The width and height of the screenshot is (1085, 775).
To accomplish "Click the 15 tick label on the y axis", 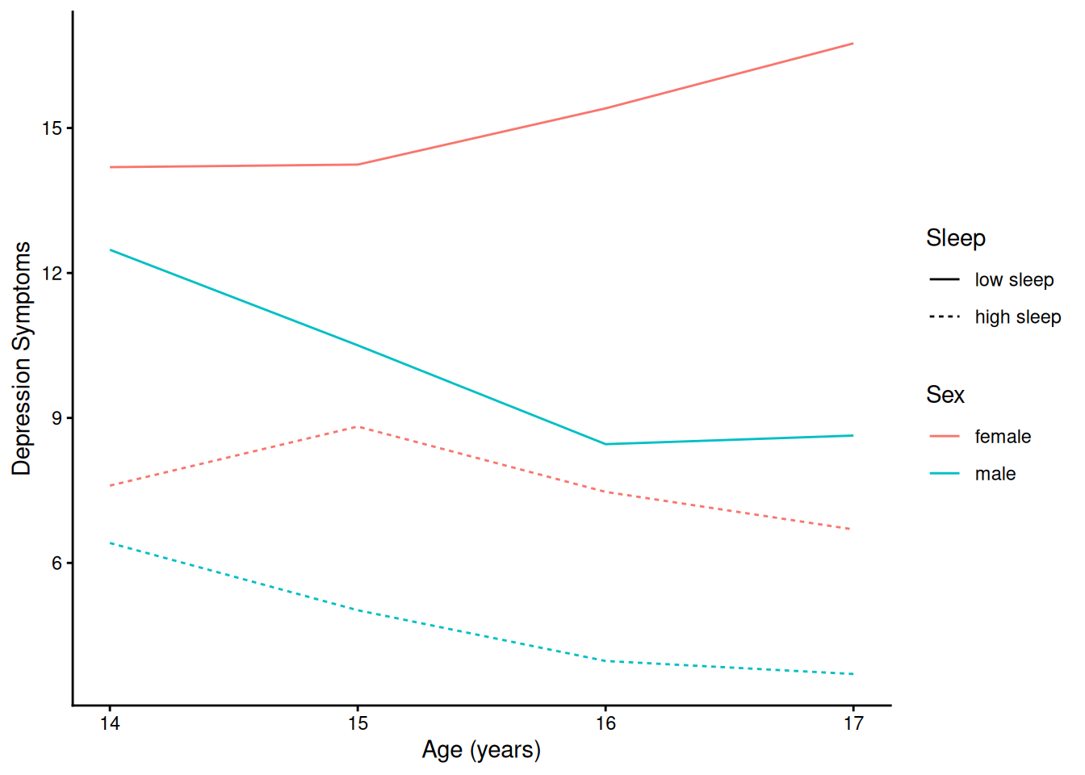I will (52, 128).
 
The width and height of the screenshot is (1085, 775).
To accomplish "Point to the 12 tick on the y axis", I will (52, 273).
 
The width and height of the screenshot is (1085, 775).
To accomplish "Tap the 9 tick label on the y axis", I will (57, 418).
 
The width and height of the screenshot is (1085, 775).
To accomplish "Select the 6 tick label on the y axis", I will (57, 563).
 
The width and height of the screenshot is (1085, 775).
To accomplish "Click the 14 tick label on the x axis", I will (110, 723).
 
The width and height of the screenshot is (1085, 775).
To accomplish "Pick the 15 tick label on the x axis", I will (358, 723).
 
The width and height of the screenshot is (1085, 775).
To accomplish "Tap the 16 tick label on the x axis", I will (605, 723).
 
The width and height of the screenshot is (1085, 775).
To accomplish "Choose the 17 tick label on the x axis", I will (853, 723).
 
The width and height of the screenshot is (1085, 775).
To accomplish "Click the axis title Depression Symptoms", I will (22, 358).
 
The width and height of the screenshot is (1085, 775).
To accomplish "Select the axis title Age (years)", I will (481, 750).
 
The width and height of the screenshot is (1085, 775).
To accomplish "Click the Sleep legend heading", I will (956, 238).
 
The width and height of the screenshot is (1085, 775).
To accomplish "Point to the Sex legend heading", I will (945, 395).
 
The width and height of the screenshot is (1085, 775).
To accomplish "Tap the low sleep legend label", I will (1014, 280).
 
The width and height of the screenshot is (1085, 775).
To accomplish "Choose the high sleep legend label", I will (1017, 317).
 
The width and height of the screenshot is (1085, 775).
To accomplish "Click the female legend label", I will (1003, 437).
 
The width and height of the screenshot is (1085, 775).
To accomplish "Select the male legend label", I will (995, 474).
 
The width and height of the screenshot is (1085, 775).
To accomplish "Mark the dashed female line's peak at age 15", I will (358, 426).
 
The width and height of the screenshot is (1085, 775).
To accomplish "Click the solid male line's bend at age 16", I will (605, 444).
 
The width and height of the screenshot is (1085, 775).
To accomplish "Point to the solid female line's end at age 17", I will (852, 44).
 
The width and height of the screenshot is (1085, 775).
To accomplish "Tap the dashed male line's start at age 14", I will (111, 543).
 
